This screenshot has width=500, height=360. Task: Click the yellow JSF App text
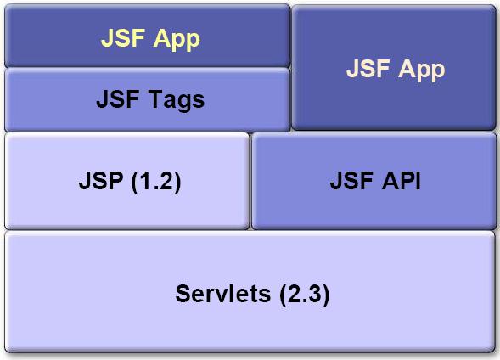[x=150, y=39]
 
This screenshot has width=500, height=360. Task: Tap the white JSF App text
[x=396, y=69]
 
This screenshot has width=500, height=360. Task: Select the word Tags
[x=177, y=100]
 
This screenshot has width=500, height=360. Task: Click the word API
[x=402, y=181]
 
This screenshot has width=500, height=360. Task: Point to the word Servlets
[x=223, y=294]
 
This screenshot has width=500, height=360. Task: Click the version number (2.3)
[x=304, y=295]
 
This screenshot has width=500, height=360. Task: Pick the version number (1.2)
[x=156, y=182]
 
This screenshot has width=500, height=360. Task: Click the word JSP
[x=101, y=181]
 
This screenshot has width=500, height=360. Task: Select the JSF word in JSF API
[x=351, y=181]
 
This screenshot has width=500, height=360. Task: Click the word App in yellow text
[x=177, y=40]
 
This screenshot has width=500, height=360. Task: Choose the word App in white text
[x=422, y=70]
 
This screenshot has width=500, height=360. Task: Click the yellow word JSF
[x=123, y=38]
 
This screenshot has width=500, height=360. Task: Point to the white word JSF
[x=368, y=68]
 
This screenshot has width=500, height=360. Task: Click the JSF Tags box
[x=147, y=99]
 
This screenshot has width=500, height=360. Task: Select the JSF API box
[x=374, y=181]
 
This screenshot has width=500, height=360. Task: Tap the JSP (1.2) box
[x=127, y=181]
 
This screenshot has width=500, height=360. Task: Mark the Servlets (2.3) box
[x=250, y=292]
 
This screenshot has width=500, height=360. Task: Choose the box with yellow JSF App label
[x=147, y=36]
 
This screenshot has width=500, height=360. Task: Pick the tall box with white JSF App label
[x=394, y=67]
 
